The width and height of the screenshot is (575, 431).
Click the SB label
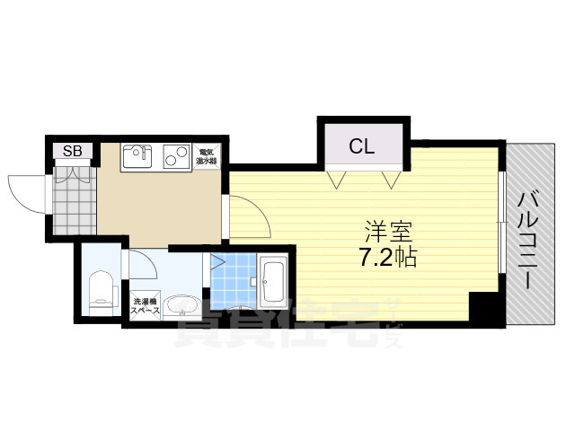(72, 151)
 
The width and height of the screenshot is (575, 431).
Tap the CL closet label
(363, 146)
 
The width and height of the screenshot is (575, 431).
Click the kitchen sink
(137, 157)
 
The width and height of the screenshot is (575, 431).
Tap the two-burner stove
(176, 157)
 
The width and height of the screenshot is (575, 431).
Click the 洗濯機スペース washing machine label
(145, 305)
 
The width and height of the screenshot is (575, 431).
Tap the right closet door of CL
(391, 179)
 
